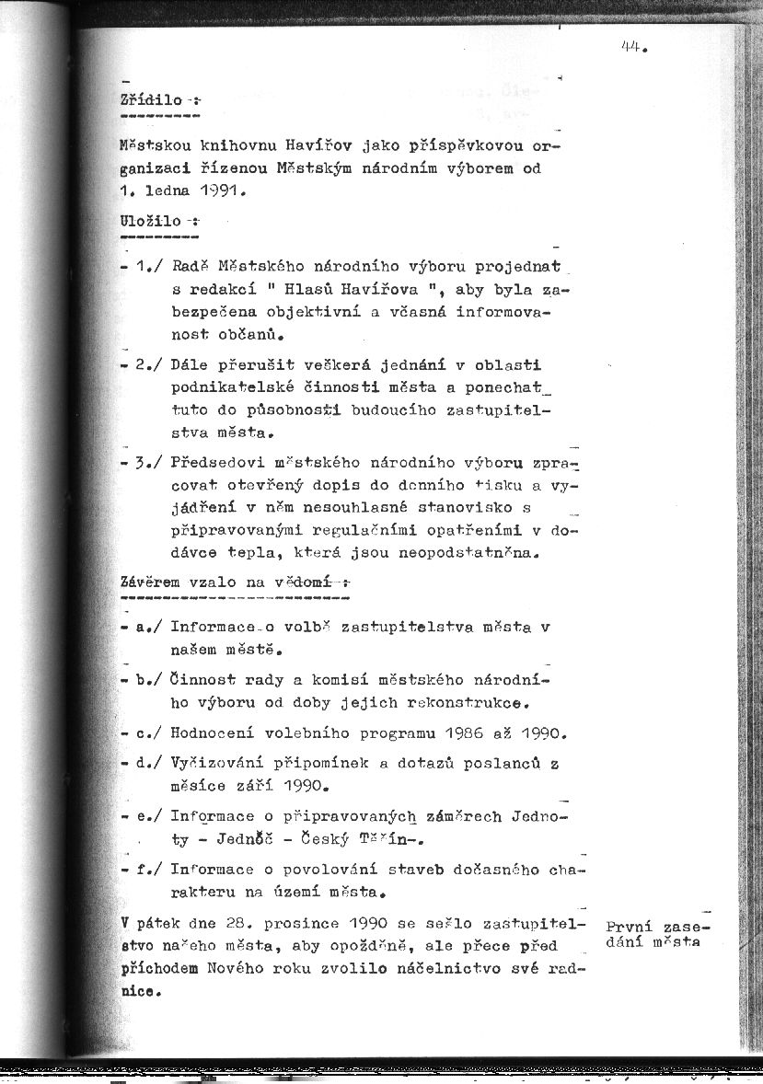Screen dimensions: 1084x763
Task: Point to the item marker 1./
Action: click(x=149, y=267)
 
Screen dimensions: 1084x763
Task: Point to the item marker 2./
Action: click(x=149, y=363)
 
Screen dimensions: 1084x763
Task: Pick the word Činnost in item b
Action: click(x=202, y=681)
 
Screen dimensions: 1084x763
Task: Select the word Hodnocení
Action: click(x=213, y=734)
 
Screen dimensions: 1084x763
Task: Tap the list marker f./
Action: click(x=149, y=869)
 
